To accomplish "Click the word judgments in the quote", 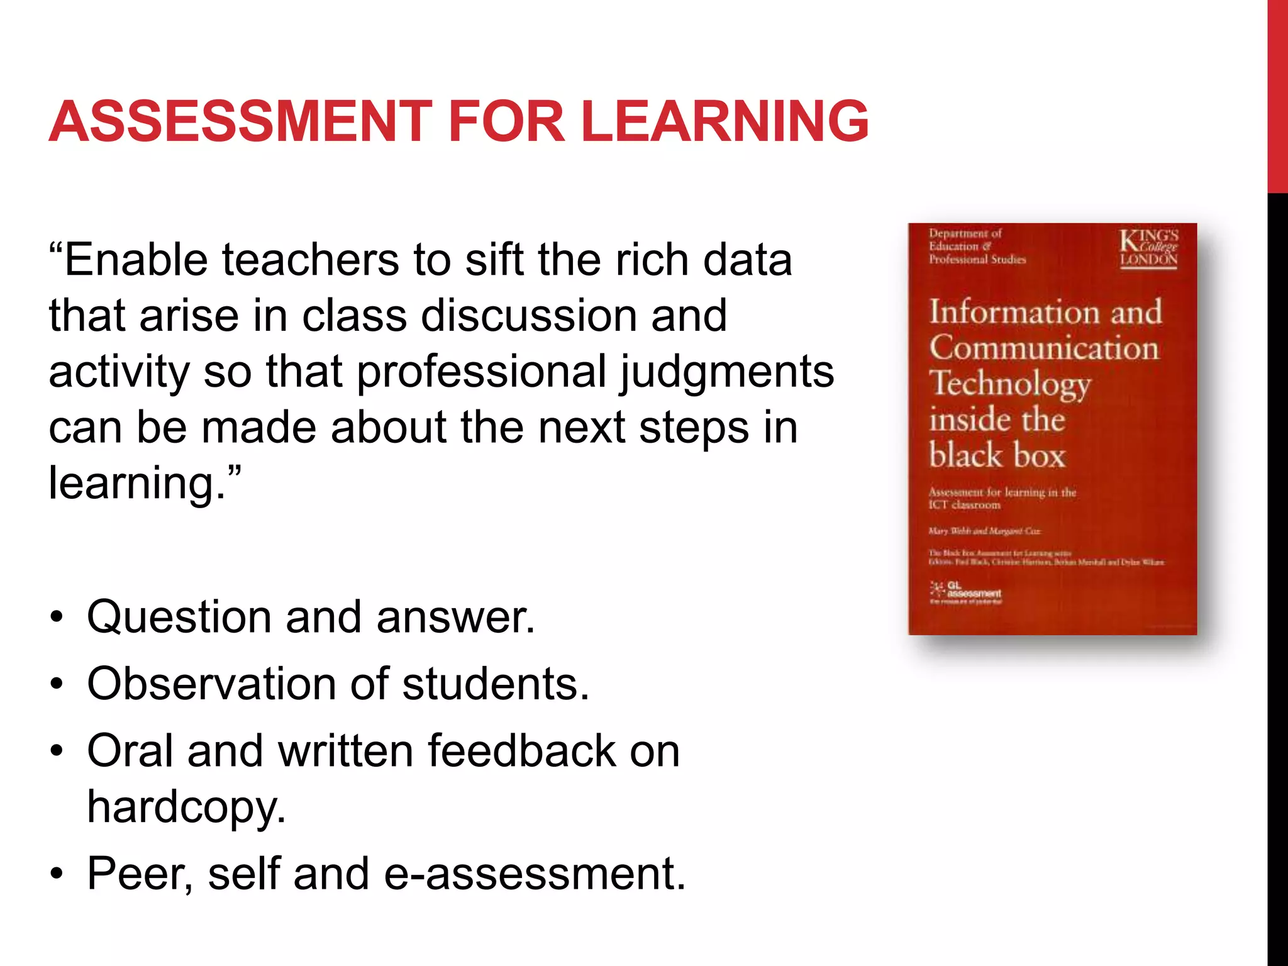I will pos(727,372).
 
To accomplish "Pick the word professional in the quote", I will pos(481,372).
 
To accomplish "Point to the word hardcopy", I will pos(186,808).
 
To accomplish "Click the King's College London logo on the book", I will pos(1148,248).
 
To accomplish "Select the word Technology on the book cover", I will pos(1010,384).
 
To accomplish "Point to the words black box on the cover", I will pos(997,455).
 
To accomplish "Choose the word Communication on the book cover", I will pos(1044,348).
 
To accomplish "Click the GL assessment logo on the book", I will pos(965,592).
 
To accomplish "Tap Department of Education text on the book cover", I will pos(977,246).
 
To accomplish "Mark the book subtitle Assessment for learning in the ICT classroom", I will pos(1002,498).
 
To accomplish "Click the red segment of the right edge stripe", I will pos(1277,94).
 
